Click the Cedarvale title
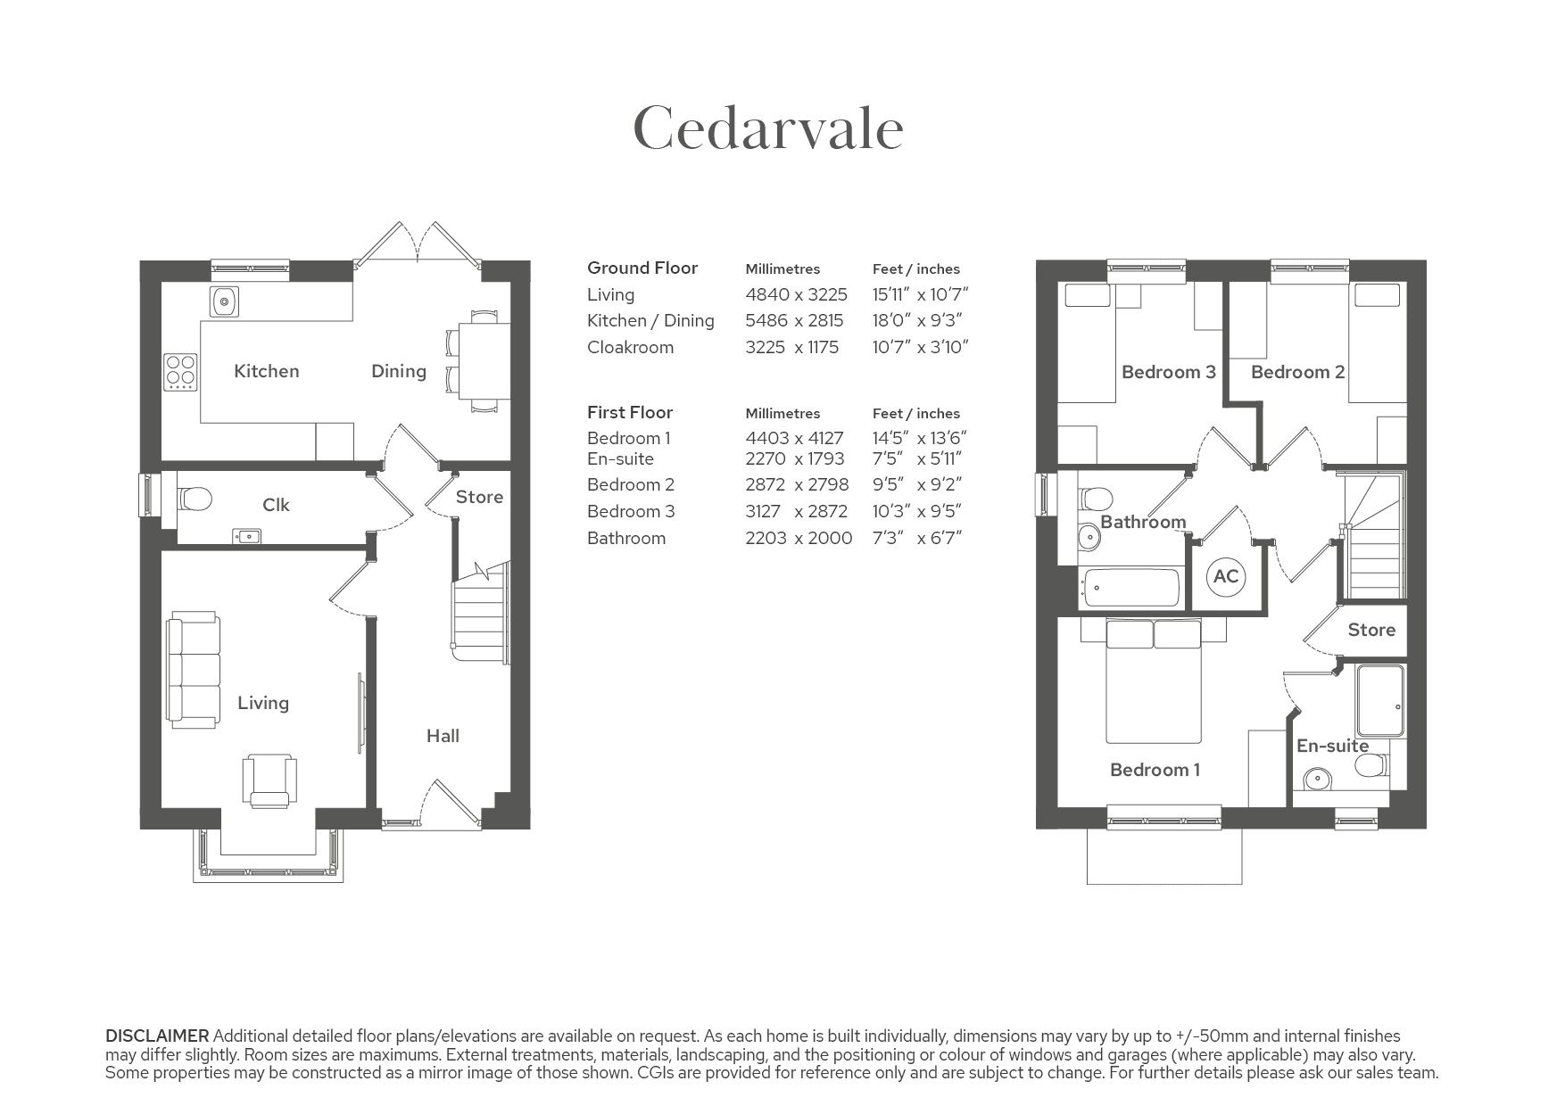768,128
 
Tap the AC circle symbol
1226,576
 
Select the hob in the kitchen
180,372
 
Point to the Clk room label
276,505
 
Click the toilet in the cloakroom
195,499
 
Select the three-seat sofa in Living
194,670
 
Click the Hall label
443,736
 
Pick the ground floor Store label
479,497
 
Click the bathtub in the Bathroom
1129,588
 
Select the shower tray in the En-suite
1380,700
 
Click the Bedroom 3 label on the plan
1169,372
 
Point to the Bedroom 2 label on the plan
1298,372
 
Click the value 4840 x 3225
797,294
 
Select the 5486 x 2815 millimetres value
795,320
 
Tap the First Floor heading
630,412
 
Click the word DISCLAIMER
157,1036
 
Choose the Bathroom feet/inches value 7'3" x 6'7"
917,538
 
